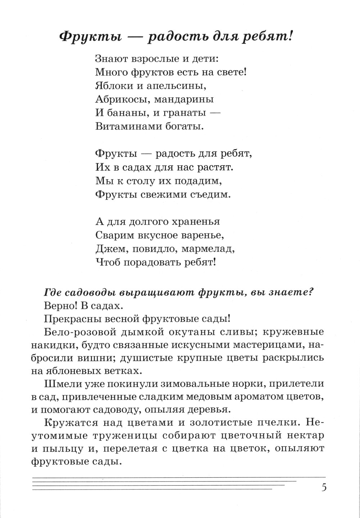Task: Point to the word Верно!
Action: pos(57,305)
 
